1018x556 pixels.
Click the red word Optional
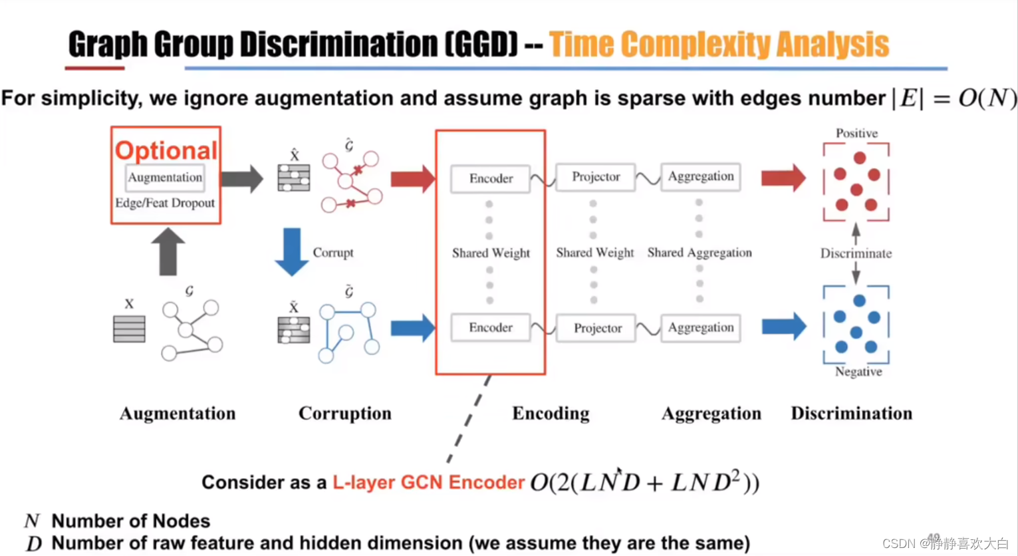(166, 150)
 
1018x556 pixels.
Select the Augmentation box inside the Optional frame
(165, 178)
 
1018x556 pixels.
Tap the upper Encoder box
(491, 178)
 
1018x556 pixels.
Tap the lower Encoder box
(491, 327)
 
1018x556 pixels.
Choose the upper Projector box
(596, 177)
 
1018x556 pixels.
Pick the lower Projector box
(597, 328)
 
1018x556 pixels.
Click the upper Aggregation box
(701, 176)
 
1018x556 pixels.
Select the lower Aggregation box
(701, 327)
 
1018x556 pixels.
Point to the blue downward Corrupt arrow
(291, 251)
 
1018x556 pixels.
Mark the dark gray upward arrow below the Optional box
(168, 251)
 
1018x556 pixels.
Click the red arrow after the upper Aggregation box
(783, 178)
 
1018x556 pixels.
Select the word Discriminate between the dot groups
(856, 253)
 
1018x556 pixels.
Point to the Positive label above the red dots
(856, 133)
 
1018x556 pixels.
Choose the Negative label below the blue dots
(858, 372)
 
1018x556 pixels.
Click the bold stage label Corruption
(344, 414)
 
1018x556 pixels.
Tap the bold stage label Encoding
(551, 414)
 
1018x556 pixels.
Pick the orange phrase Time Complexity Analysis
(719, 45)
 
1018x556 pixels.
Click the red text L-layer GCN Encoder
(428, 482)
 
